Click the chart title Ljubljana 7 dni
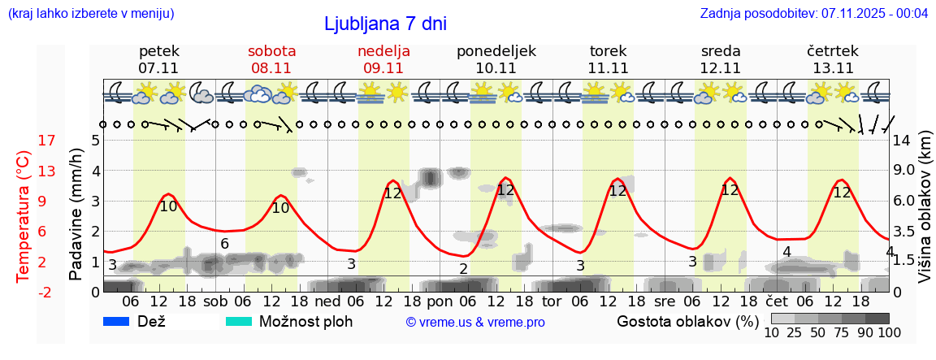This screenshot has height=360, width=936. [x=385, y=24]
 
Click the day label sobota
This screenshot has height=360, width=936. [x=271, y=51]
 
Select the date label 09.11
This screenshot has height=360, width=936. [x=383, y=68]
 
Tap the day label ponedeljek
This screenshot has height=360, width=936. [x=496, y=51]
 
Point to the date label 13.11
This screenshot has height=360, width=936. [x=833, y=68]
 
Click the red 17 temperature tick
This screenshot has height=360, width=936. [x=24, y=141]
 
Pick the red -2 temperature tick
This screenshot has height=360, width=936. [x=24, y=292]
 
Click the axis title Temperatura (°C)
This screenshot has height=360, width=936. [x=24, y=216]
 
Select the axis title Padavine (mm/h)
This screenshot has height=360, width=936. [x=76, y=215]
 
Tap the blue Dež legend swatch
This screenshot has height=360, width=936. [x=118, y=321]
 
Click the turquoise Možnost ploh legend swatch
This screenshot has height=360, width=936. [x=239, y=321]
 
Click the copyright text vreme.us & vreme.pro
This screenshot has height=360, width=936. [x=475, y=323]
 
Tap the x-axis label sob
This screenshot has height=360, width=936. [x=215, y=301]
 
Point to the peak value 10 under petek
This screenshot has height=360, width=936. [x=168, y=206]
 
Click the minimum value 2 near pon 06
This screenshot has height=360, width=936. [x=463, y=269]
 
